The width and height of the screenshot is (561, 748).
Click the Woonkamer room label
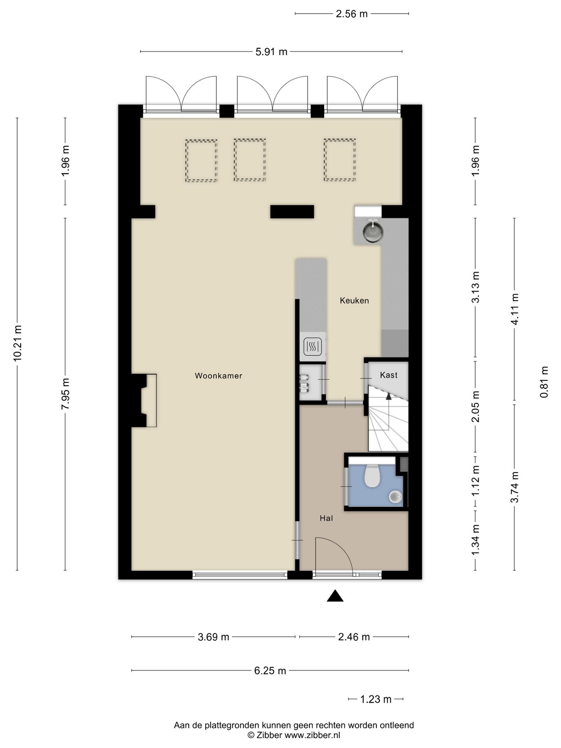pyautogui.click(x=219, y=376)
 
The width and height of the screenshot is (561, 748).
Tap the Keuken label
pyautogui.click(x=354, y=300)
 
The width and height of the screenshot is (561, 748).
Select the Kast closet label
pyautogui.click(x=388, y=375)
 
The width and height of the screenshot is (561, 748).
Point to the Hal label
pyautogui.click(x=326, y=518)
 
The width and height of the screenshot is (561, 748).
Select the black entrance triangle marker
pyautogui.click(x=335, y=596)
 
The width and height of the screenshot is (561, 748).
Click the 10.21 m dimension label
pyautogui.click(x=17, y=343)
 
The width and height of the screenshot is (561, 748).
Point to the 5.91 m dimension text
pyautogui.click(x=271, y=52)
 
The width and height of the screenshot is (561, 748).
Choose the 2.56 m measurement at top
pyautogui.click(x=352, y=14)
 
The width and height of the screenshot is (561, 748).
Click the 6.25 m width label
pyautogui.click(x=270, y=670)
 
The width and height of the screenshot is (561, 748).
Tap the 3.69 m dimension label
pyautogui.click(x=213, y=637)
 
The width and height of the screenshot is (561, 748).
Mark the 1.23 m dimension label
pyautogui.click(x=376, y=699)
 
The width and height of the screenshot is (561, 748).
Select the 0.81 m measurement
pyautogui.click(x=544, y=382)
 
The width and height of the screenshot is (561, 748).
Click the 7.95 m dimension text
pyautogui.click(x=65, y=393)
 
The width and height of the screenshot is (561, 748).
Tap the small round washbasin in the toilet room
pyautogui.click(x=395, y=496)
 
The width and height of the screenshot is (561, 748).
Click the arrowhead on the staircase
pyautogui.click(x=388, y=396)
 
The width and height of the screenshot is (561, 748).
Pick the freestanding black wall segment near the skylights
pyautogui.click(x=292, y=212)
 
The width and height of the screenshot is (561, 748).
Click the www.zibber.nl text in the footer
pyautogui.click(x=312, y=735)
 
